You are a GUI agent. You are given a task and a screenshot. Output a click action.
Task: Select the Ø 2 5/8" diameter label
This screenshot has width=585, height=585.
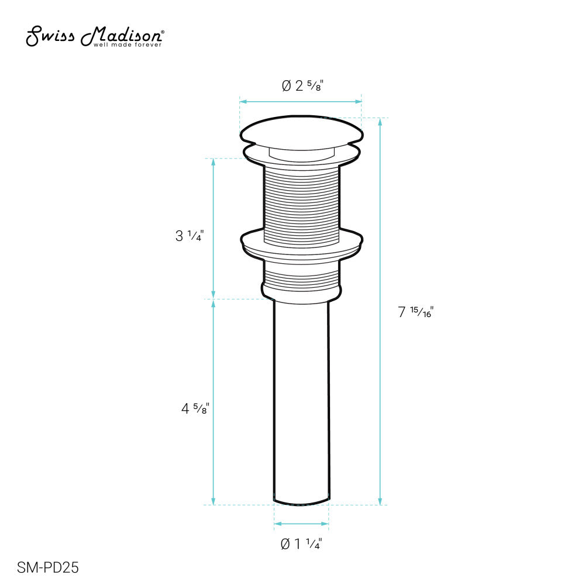point(302,85)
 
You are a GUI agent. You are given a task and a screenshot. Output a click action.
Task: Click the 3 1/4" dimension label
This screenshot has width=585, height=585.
point(188,237)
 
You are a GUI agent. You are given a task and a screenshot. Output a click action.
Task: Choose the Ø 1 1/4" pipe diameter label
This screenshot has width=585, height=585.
point(302,544)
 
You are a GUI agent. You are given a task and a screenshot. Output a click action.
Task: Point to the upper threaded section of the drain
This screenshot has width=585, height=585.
point(301,202)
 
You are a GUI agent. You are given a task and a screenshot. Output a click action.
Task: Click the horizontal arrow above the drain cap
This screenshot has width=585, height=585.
point(301,102)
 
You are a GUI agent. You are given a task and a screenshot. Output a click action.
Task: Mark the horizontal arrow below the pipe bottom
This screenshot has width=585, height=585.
point(301,524)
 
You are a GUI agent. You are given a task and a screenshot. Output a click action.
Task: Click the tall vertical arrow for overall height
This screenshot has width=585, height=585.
point(381,311)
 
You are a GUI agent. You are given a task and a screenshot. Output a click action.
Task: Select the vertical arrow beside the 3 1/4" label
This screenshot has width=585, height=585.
point(214,228)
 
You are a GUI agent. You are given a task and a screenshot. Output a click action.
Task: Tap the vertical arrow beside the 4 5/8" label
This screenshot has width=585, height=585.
point(214,402)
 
